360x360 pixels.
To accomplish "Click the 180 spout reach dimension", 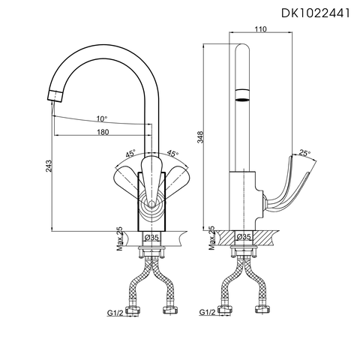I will [103, 132].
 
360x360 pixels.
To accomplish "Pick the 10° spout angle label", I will [101, 118].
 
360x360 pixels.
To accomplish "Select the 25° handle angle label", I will [304, 153].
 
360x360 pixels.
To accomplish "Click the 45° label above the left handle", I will [130, 154].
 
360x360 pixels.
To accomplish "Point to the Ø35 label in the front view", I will [151, 238].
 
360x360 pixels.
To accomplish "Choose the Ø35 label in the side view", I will [244, 238].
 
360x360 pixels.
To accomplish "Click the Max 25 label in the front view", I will [119, 239].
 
